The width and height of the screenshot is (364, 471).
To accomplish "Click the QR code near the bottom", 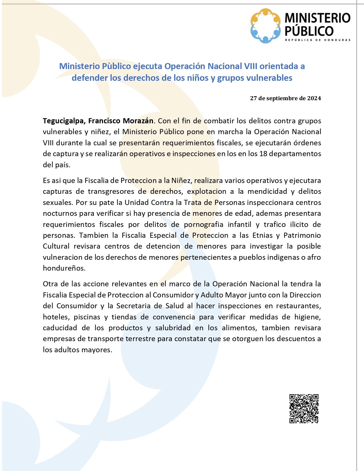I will point(304,408).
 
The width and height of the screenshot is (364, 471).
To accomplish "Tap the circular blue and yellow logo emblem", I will point(266,26).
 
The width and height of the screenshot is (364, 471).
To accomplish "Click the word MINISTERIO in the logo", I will point(317,18).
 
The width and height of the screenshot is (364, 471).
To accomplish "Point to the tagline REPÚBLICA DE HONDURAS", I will point(317,40).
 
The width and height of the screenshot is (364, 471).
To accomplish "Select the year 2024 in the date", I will point(314,98).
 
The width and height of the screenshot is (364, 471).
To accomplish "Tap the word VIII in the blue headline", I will point(251,66).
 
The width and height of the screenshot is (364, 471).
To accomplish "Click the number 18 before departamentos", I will point(263,154).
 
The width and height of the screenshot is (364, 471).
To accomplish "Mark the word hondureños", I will point(64,268).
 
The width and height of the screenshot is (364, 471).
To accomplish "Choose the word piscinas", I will point(87,317).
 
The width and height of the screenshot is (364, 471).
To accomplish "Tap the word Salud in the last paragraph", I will point(174,306).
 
